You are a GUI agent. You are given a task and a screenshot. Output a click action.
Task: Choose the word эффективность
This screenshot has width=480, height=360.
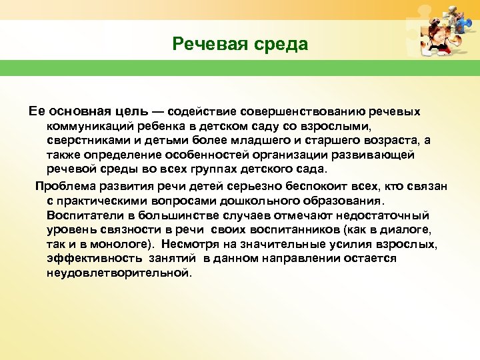[x=89, y=259]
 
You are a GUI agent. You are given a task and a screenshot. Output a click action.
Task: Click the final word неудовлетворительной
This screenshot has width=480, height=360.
[x=119, y=273]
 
